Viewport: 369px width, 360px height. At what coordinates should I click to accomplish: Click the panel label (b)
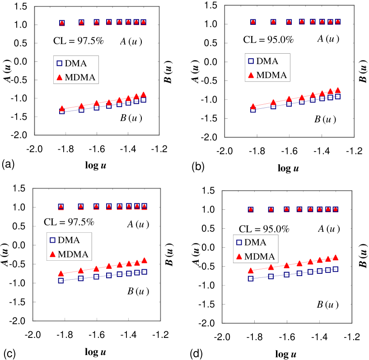coord(198,166)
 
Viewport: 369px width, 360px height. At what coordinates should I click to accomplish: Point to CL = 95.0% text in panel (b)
coord(268,39)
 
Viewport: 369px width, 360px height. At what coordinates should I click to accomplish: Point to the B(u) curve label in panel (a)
coord(130,118)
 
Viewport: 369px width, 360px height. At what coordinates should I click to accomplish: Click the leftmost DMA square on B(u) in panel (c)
coord(61,281)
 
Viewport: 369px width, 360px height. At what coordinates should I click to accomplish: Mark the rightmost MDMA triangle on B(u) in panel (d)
coord(336,258)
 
